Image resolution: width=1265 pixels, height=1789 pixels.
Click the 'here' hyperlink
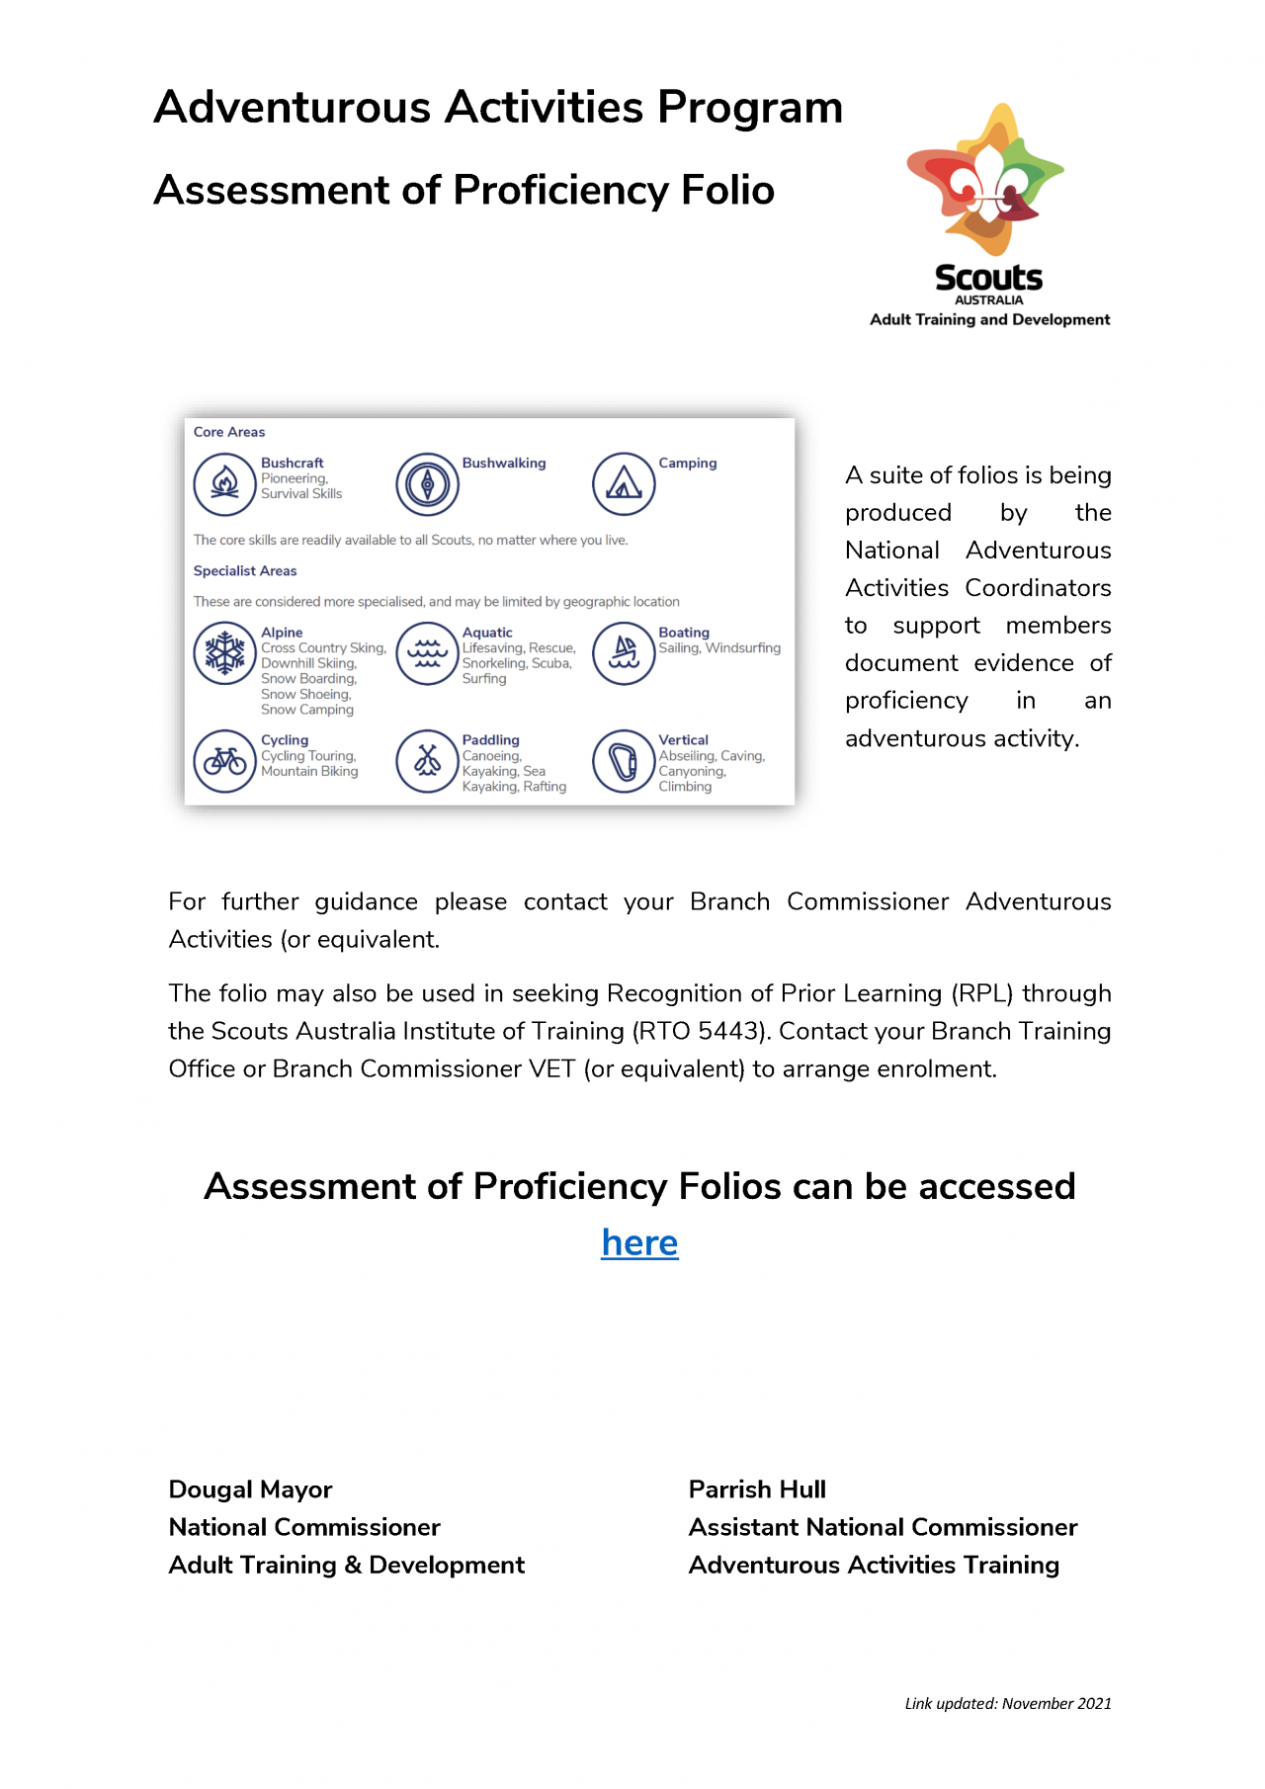(x=639, y=1242)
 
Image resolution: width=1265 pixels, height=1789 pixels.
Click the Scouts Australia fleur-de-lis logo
(x=985, y=180)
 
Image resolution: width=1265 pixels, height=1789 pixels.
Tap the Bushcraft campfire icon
(x=225, y=484)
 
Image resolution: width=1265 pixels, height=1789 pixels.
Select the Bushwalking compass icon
(x=427, y=484)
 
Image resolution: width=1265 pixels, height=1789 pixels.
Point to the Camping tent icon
(x=624, y=484)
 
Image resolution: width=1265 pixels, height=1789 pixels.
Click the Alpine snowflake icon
(x=225, y=653)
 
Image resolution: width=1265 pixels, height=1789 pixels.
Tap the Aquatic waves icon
(x=427, y=653)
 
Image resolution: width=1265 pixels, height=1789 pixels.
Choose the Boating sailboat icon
(x=624, y=653)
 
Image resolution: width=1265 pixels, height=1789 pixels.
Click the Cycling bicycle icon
(x=225, y=761)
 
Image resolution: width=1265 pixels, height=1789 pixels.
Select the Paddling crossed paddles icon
(x=427, y=761)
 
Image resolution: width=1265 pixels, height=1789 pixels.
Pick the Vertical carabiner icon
(x=624, y=761)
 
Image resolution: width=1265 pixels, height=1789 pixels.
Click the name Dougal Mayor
(x=250, y=1490)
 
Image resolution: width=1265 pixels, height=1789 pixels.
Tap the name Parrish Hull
(x=757, y=1490)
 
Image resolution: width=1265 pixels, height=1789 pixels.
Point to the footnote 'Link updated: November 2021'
(x=1008, y=1703)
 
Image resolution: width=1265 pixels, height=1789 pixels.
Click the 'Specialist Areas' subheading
(x=245, y=570)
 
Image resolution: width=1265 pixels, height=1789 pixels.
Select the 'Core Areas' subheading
(x=229, y=432)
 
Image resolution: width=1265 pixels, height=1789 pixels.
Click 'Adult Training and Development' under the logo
(x=989, y=319)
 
